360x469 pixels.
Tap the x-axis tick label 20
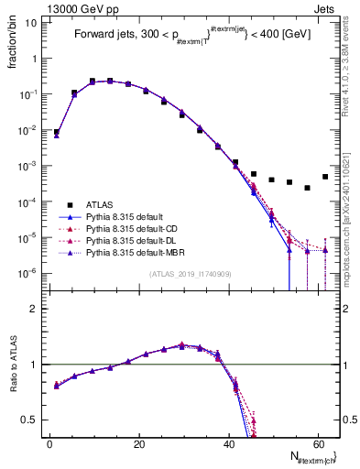139,444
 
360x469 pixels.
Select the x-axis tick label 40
228,444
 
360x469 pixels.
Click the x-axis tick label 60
317,444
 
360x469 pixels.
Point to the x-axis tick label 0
50,444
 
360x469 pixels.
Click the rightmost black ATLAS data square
325,177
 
